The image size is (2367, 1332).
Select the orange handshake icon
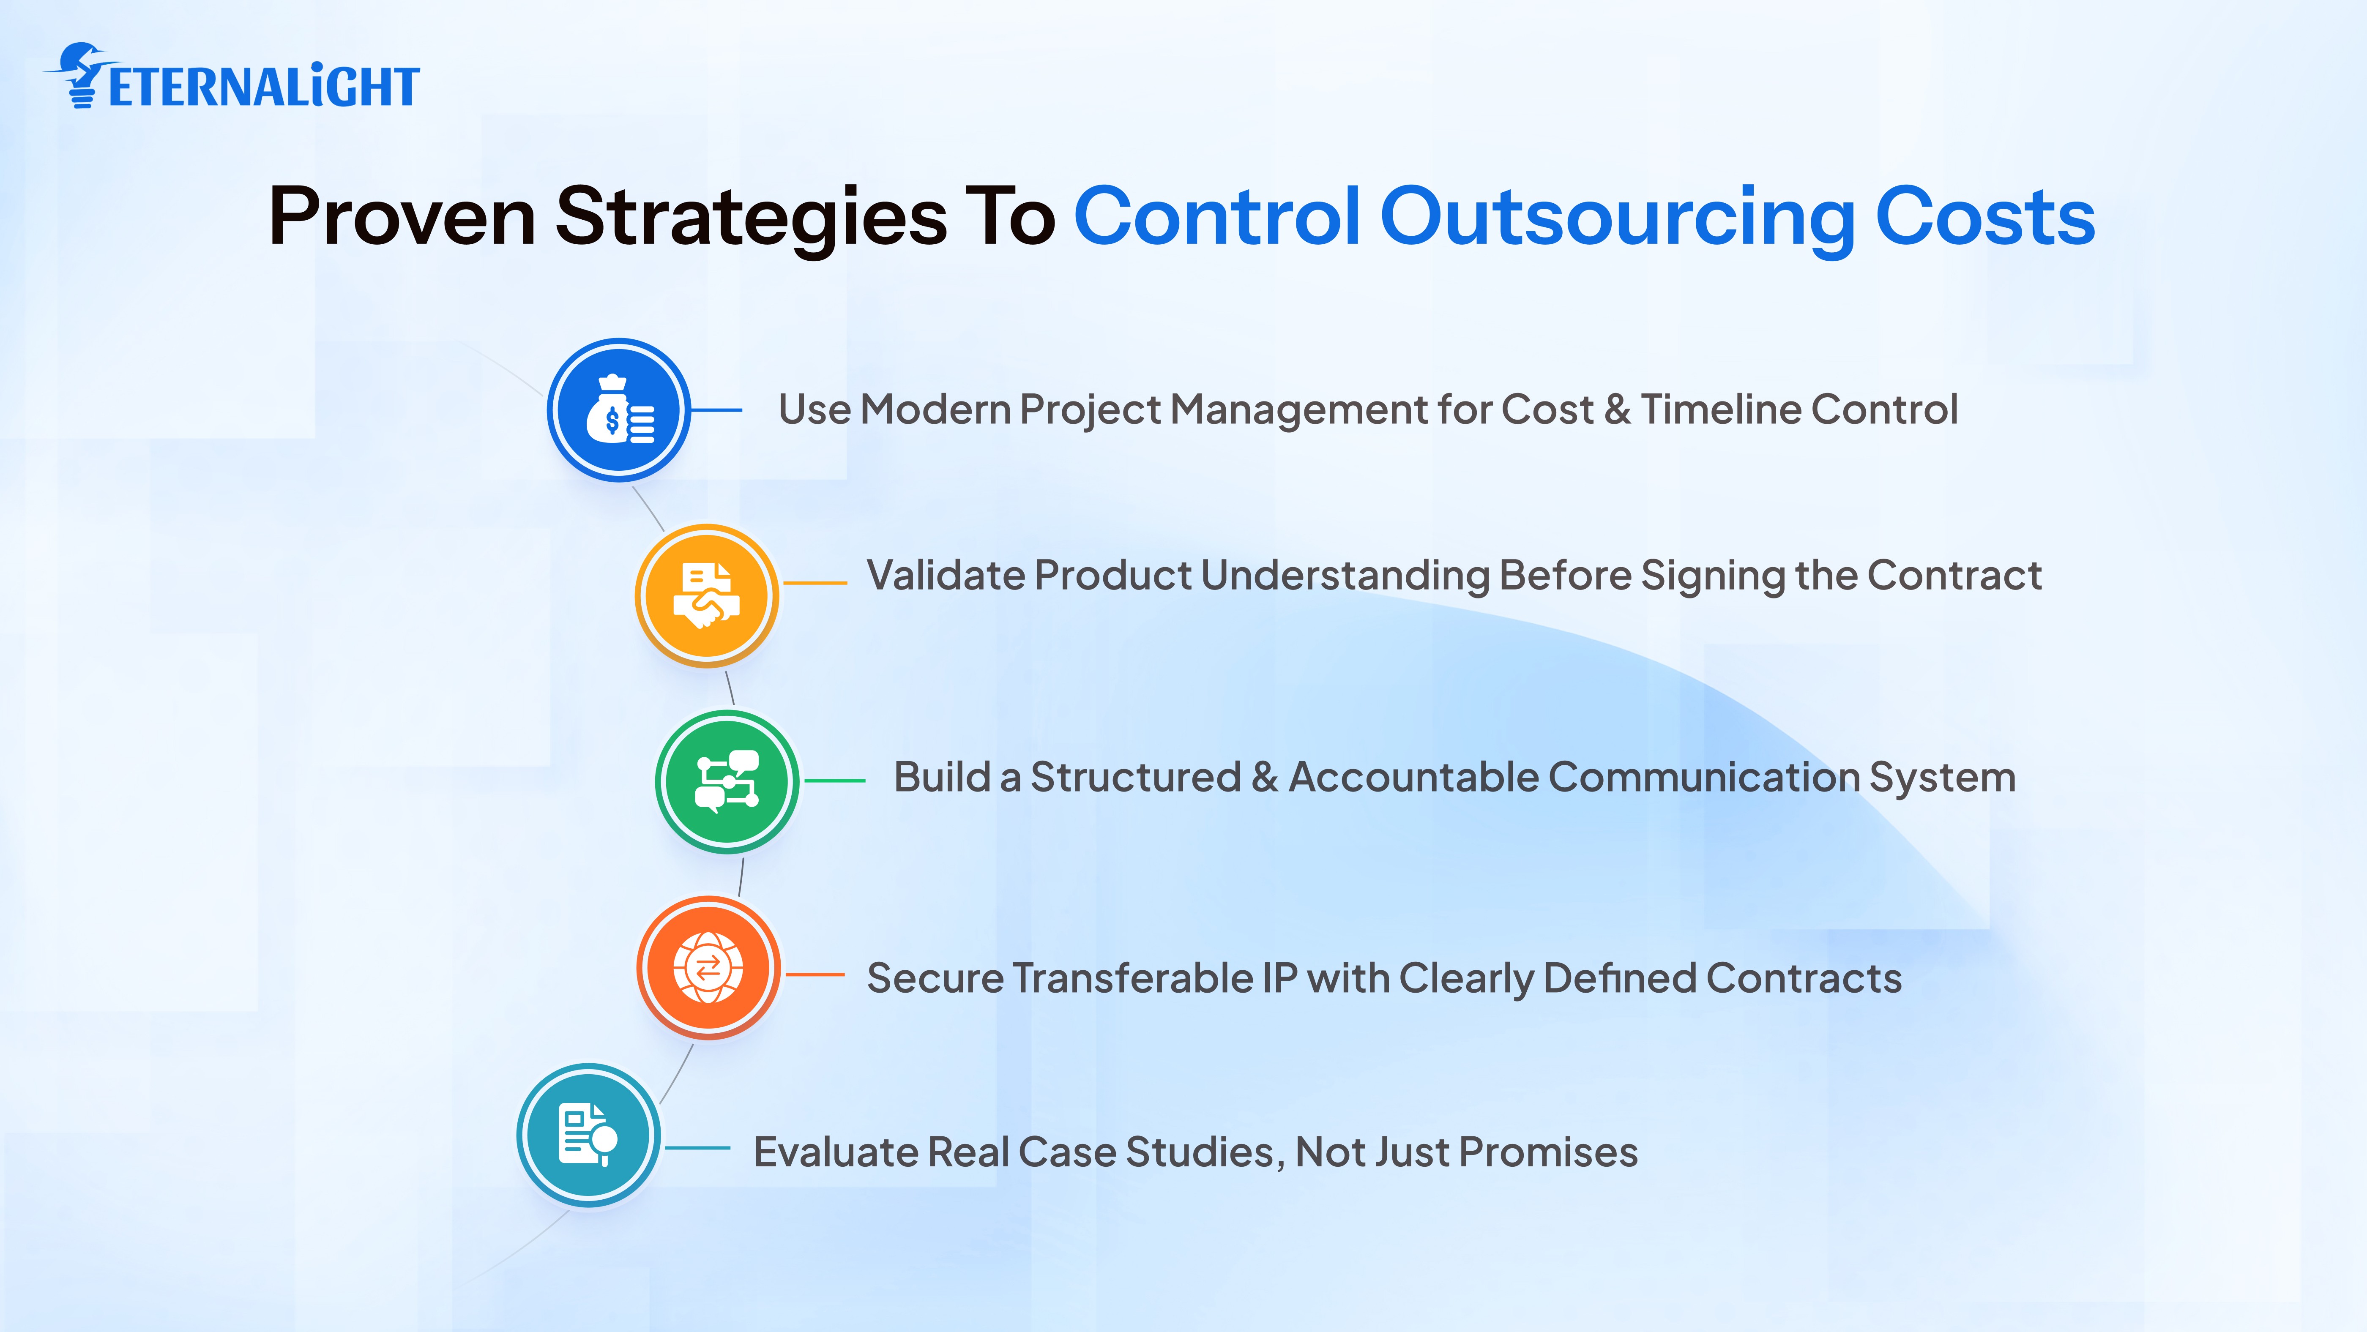(x=707, y=595)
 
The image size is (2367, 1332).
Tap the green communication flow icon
(x=727, y=782)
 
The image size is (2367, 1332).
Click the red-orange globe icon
(x=708, y=968)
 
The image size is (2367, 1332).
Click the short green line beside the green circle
(x=834, y=781)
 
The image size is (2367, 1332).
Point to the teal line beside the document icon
(x=697, y=1148)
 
